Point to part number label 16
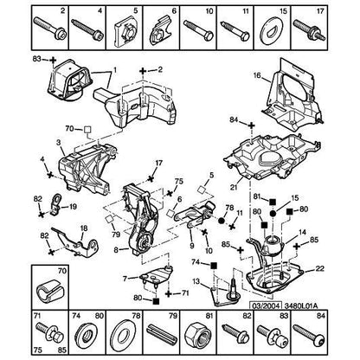click(257, 76)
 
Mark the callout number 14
click(301, 233)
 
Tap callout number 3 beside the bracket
click(58, 141)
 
